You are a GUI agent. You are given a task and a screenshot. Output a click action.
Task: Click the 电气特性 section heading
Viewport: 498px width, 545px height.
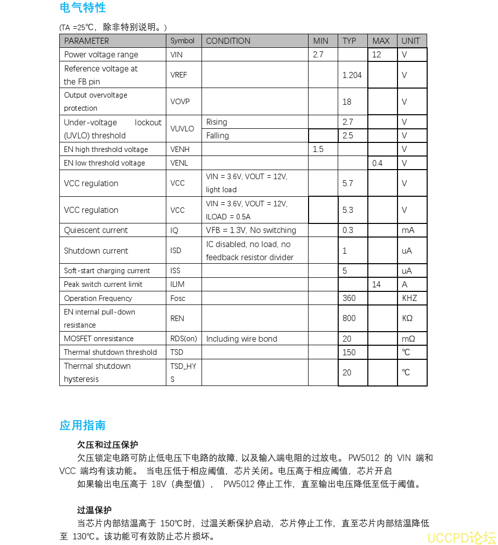tap(82, 8)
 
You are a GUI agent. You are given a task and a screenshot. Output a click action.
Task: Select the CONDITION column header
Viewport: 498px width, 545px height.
tap(228, 41)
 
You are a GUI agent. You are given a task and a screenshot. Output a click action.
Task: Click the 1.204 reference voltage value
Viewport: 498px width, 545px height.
tap(352, 75)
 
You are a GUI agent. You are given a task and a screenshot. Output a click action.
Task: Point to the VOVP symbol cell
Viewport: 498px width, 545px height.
tap(180, 102)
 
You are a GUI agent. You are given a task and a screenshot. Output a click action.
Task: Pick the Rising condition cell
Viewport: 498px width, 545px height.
tap(217, 122)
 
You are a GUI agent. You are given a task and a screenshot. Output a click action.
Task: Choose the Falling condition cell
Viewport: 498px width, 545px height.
tap(218, 135)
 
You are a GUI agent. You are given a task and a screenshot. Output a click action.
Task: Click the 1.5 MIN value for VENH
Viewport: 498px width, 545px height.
tap(318, 149)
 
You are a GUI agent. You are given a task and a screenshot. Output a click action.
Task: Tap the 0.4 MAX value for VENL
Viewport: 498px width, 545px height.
tap(377, 163)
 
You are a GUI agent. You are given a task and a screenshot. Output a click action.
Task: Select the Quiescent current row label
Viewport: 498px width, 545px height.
tap(96, 230)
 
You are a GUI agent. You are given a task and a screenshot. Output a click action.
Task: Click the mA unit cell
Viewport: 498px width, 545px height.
tap(408, 230)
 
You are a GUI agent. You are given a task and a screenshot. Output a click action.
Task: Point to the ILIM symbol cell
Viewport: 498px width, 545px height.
tap(177, 284)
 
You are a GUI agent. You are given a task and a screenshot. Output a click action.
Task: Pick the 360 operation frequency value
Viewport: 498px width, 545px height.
tap(349, 298)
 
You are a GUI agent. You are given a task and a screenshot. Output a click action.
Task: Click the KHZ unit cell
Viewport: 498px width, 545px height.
tap(410, 298)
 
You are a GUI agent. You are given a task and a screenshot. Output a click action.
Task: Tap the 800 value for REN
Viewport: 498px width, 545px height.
tap(349, 318)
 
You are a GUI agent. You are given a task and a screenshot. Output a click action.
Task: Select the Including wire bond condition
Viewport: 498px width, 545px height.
tap(242, 339)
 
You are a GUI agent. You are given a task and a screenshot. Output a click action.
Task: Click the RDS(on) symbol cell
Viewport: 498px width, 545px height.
tap(183, 339)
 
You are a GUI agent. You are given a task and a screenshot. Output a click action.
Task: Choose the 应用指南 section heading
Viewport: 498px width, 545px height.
tap(82, 425)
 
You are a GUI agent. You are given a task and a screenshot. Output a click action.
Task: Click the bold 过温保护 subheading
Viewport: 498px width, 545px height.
tap(94, 510)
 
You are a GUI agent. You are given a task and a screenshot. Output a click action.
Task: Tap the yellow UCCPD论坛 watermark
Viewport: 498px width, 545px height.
tap(461, 537)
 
